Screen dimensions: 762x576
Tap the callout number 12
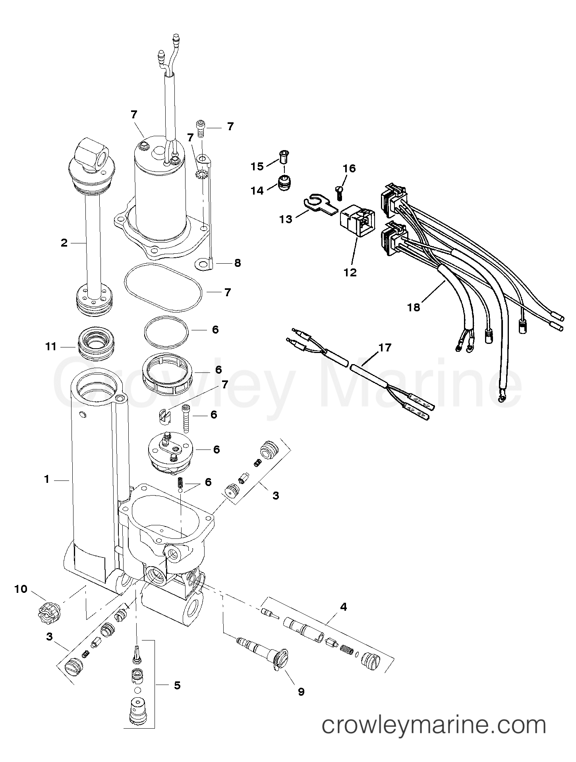(x=351, y=272)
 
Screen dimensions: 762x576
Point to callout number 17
(x=385, y=348)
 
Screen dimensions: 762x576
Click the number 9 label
(x=301, y=692)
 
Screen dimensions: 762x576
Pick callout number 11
(x=51, y=346)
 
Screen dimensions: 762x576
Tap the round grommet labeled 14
(x=284, y=183)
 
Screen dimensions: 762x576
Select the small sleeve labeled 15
(x=284, y=158)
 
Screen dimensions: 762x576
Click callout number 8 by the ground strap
(x=237, y=263)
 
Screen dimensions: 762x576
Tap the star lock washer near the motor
(x=201, y=174)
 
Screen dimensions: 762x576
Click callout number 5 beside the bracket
(x=177, y=685)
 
